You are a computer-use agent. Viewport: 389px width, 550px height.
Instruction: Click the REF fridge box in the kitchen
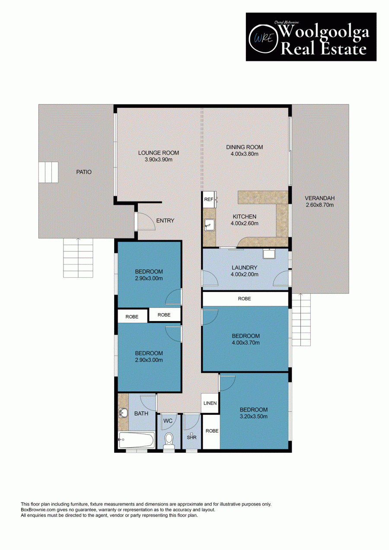pos(209,199)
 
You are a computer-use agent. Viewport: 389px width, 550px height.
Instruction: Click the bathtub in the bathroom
pos(136,440)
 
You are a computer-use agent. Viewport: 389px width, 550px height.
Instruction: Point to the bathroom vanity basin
pos(123,413)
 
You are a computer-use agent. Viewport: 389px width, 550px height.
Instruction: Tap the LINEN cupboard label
pos(210,403)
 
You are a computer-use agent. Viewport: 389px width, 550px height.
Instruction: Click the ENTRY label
pos(165,220)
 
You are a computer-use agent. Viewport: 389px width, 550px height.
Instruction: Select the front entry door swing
pos(146,222)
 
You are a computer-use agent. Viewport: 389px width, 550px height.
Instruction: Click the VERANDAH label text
pos(320,198)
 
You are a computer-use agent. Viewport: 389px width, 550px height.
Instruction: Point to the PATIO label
pos(84,172)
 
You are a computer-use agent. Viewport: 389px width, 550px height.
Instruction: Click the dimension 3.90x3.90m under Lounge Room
pos(158,159)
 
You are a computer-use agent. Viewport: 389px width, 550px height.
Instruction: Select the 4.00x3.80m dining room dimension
pos(244,154)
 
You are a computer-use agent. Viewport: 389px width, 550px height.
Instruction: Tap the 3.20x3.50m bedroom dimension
pos(254,416)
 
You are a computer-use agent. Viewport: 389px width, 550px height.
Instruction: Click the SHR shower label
pos(191,437)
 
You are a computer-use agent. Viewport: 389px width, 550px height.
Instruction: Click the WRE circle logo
pos(264,38)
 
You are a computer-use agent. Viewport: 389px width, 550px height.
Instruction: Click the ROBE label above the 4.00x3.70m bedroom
pos(244,299)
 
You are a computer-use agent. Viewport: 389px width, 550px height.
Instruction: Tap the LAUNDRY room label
pos(244,267)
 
